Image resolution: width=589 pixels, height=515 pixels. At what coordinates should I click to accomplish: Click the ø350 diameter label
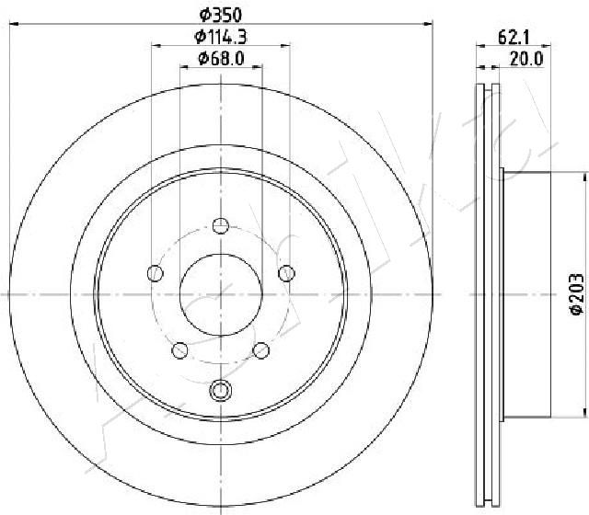(221, 15)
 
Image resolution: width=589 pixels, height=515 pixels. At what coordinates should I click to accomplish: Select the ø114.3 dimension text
(221, 37)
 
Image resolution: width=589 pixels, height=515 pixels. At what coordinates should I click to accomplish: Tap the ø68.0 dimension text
(221, 58)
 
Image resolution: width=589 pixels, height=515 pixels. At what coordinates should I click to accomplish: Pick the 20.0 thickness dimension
(526, 59)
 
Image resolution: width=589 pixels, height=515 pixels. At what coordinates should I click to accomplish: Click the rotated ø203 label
(577, 294)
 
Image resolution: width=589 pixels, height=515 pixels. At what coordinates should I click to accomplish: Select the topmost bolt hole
(221, 226)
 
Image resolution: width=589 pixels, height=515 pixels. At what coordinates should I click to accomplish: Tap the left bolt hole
(156, 273)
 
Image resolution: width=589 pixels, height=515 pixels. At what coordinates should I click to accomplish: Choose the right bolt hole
(286, 273)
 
